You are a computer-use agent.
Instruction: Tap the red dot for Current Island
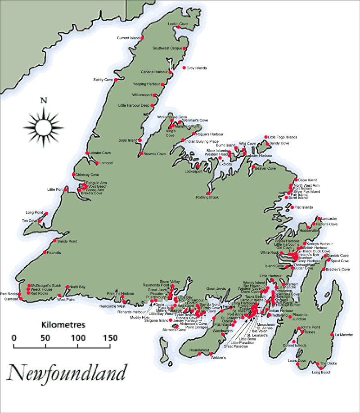[x=143, y=38]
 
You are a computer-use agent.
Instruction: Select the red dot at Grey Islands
[x=184, y=68]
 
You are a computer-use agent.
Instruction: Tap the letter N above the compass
[x=43, y=100]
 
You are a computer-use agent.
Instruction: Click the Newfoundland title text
[x=67, y=373]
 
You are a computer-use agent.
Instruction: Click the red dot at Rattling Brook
[x=208, y=193]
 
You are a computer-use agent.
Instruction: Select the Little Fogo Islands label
[x=283, y=137]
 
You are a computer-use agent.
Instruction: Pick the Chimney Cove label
[x=87, y=175]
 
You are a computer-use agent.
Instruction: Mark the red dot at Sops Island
[x=140, y=140]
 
